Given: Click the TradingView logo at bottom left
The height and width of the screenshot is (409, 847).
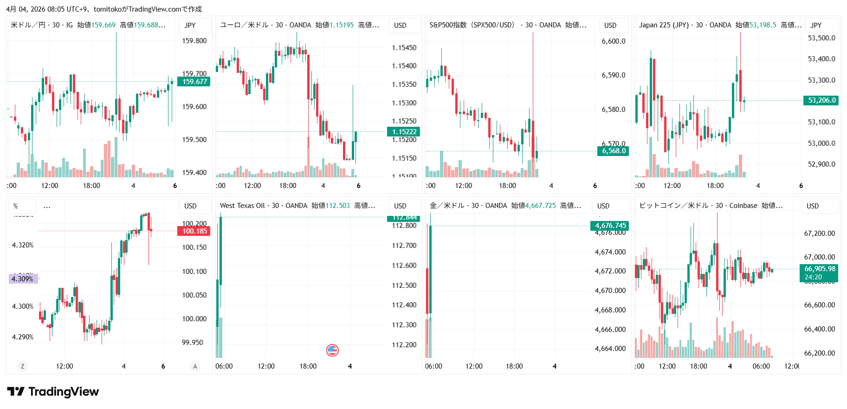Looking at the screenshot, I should tap(53, 392).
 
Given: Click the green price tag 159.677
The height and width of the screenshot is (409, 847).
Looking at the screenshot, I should tap(194, 82).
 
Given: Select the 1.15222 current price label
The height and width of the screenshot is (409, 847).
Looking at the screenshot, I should tap(404, 132).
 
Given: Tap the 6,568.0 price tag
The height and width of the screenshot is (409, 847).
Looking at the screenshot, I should tap(613, 151).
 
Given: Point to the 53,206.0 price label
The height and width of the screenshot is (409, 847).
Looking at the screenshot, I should tap(821, 100).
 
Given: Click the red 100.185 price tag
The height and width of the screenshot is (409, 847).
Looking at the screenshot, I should tap(194, 231).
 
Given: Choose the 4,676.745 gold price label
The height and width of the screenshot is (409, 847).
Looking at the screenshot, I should tap(610, 226).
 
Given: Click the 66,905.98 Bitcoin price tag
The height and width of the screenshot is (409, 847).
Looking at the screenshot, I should tap(819, 269).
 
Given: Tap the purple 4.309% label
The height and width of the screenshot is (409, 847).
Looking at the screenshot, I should tap(22, 279).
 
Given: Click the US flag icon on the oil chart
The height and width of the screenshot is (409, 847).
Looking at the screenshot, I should tap(332, 350).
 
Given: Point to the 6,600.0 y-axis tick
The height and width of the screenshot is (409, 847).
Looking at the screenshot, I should tap(613, 41).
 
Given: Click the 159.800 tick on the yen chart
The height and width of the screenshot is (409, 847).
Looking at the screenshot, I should tap(194, 41).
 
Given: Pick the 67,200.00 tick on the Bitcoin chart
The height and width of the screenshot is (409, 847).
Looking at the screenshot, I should tap(819, 234).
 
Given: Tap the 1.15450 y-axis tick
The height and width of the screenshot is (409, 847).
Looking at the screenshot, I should tap(404, 48).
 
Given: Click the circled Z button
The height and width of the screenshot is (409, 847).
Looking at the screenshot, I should tap(22, 366).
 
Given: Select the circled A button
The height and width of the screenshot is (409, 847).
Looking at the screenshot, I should tap(195, 366).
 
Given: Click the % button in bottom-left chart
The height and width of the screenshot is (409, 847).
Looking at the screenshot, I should tap(16, 206).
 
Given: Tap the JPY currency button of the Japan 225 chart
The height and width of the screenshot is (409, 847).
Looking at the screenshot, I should tap(816, 26).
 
